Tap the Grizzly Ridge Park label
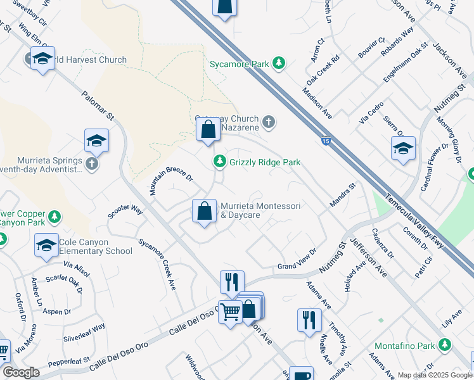click(x=265, y=163)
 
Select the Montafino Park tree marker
click(x=446, y=345)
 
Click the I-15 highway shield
click(x=325, y=142)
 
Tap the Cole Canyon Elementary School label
click(x=95, y=247)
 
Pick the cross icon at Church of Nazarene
click(x=269, y=122)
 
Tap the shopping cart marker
click(x=230, y=311)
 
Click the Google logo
click(x=21, y=372)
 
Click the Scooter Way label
click(x=125, y=211)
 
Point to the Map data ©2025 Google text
click(x=435, y=375)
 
